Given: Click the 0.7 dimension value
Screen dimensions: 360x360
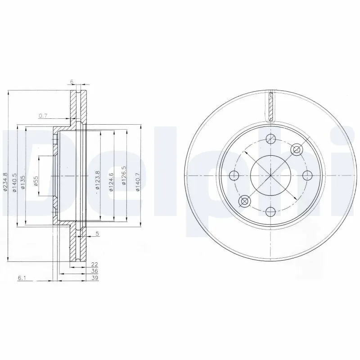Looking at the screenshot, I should [x=43, y=116].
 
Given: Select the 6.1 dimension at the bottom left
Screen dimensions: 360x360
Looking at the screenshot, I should [x=22, y=278].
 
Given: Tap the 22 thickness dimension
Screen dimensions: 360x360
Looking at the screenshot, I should [x=94, y=265].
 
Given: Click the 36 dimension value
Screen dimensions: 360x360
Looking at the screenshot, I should [x=94, y=271].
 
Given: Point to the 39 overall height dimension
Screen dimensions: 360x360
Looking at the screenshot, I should [x=94, y=278].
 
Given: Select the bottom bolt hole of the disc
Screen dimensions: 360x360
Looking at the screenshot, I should [x=270, y=211].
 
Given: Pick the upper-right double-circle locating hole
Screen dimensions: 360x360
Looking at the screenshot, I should [x=296, y=149].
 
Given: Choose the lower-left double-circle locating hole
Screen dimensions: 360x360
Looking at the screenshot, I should [x=245, y=201].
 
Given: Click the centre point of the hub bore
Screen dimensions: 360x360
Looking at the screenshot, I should [x=270, y=175].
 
